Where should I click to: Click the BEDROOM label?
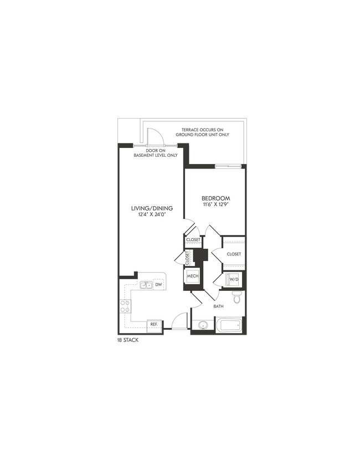click(215, 198)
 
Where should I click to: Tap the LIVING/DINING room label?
click(152, 208)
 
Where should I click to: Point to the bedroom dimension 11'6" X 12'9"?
click(215, 205)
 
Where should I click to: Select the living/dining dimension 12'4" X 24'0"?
click(152, 215)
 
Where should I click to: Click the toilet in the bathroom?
click(237, 299)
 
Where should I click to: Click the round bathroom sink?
click(203, 325)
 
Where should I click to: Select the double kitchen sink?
click(146, 285)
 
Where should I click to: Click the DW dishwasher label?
click(158, 285)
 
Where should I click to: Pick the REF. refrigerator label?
click(153, 325)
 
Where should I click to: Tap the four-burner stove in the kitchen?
click(125, 306)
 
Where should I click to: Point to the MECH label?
click(192, 276)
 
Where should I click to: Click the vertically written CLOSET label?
click(187, 258)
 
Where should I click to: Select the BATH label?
click(219, 306)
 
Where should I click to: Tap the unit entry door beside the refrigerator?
click(179, 322)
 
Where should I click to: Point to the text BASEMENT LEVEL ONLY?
click(156, 156)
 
